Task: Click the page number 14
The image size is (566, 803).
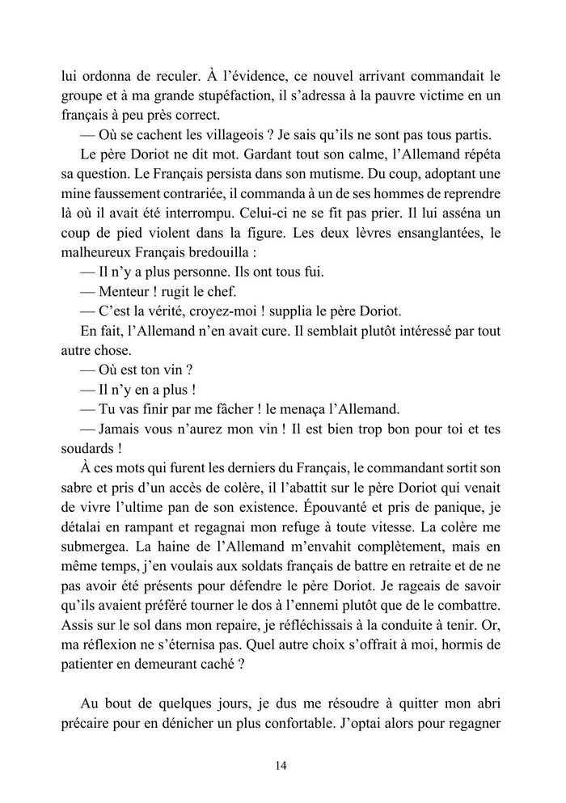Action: click(x=283, y=766)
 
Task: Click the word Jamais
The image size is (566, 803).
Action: click(x=126, y=428)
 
